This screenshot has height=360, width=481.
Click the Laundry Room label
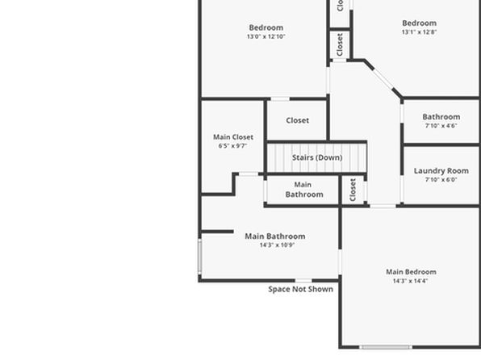441,170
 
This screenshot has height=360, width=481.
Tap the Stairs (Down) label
317,157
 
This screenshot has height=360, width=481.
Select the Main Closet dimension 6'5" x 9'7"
232,146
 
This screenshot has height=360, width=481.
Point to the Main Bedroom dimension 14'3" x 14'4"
410,281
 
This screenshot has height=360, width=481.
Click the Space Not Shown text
300,289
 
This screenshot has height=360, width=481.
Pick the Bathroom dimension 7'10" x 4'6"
441,126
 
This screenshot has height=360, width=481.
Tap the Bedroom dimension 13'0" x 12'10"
266,36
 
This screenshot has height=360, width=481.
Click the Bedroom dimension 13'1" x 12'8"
420,32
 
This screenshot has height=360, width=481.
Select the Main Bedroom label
411,271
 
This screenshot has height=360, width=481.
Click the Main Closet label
233,137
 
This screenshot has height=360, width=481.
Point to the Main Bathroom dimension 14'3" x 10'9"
277,245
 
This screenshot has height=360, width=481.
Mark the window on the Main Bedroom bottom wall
386,347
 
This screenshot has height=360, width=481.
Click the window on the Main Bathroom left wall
199,257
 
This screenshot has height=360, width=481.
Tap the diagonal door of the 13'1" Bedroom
383,79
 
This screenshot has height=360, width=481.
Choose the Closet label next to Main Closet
297,120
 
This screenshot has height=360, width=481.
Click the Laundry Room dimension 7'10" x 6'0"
441,179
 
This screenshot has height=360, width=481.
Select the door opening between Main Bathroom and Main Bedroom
340,262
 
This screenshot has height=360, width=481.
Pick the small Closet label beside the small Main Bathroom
353,190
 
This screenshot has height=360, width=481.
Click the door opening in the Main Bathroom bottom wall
303,280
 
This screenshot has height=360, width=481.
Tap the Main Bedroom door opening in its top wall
383,206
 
